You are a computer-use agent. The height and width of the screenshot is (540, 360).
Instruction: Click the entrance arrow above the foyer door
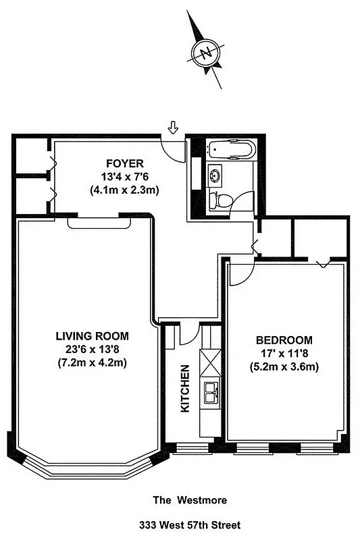pyautogui.click(x=173, y=127)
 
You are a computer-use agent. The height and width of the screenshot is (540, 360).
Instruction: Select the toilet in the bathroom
pyautogui.click(x=218, y=199)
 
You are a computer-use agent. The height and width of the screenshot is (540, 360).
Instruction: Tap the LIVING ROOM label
pyautogui.click(x=92, y=335)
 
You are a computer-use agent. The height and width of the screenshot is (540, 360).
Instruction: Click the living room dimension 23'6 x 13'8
pyautogui.click(x=92, y=349)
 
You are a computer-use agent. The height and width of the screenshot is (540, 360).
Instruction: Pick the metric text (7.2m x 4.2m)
pyautogui.click(x=92, y=362)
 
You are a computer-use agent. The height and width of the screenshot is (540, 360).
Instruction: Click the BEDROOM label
pyautogui.click(x=284, y=340)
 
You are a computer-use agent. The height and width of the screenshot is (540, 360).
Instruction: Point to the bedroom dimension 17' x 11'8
pyautogui.click(x=284, y=353)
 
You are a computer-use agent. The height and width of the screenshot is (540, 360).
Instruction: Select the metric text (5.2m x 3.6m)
pyautogui.click(x=284, y=367)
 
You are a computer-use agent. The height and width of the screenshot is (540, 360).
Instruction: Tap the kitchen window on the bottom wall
pyautogui.click(x=192, y=448)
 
